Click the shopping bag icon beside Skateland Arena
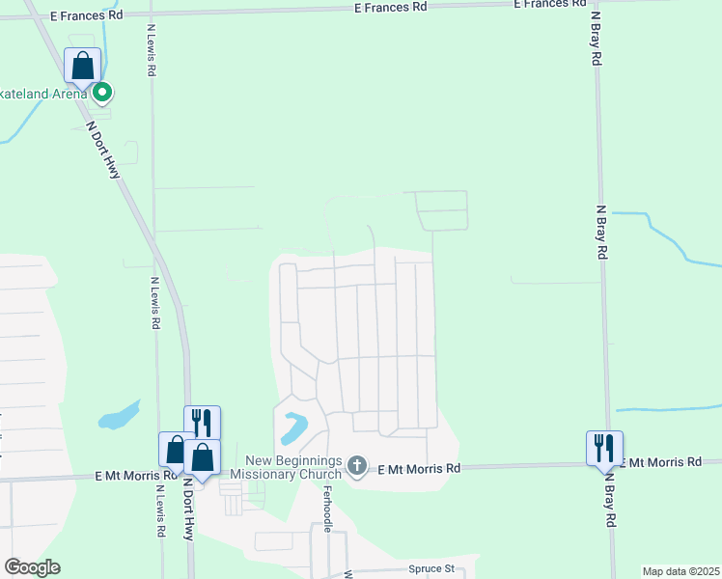(83, 67)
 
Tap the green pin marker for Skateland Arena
(102, 93)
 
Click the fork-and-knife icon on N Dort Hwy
(202, 423)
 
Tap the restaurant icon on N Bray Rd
(604, 448)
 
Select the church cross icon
(357, 467)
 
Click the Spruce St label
(430, 568)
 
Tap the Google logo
(32, 567)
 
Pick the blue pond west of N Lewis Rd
(118, 417)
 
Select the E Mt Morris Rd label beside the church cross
(419, 468)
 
